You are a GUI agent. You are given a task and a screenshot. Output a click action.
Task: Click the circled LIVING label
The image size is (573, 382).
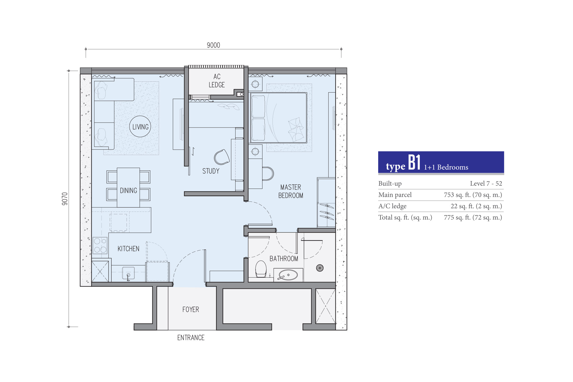(x=140, y=127)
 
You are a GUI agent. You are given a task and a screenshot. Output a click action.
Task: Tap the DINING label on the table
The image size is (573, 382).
(x=128, y=191)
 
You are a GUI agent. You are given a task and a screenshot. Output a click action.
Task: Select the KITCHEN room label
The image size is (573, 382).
(x=128, y=249)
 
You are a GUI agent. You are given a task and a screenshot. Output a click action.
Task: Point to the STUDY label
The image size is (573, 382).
(x=211, y=171)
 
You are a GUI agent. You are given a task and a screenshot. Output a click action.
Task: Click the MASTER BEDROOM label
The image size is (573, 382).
(x=291, y=191)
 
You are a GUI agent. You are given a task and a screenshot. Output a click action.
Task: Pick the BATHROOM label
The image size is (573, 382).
(x=284, y=259)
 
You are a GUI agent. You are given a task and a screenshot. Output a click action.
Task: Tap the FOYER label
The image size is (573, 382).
(x=191, y=309)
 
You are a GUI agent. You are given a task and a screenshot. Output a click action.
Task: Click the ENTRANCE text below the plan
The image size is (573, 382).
(x=191, y=338)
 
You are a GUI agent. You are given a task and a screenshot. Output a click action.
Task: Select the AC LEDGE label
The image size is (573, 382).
(x=217, y=81)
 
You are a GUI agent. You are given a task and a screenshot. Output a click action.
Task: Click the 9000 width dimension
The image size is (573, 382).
(x=213, y=45)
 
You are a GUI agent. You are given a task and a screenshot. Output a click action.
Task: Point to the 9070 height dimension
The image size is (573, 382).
(x=65, y=199)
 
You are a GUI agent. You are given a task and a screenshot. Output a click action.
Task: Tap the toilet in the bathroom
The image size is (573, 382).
(x=261, y=269)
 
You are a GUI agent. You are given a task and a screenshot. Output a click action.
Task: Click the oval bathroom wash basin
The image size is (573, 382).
(x=288, y=275)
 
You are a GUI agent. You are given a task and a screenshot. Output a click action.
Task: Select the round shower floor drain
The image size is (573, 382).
(x=320, y=268)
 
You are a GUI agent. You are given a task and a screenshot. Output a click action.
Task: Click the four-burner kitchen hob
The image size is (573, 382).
(x=100, y=245)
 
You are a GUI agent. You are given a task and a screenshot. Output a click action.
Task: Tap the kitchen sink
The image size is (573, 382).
(x=128, y=273)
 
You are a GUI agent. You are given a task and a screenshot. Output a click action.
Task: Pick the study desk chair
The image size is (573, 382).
(x=222, y=157)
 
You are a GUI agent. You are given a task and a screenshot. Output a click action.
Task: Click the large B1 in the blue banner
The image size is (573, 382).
(x=414, y=162)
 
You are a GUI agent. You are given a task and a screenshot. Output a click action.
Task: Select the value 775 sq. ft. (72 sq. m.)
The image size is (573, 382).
(x=473, y=218)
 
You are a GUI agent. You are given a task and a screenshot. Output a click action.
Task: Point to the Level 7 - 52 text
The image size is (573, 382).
(x=486, y=183)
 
